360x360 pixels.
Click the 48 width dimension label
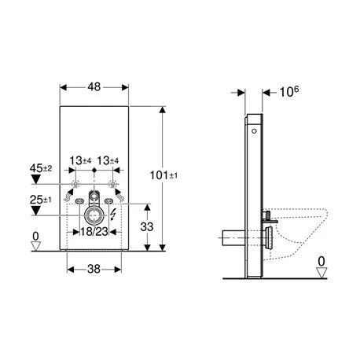(x=94, y=86)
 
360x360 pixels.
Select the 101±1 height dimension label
(x=163, y=175)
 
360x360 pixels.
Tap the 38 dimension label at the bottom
(x=94, y=269)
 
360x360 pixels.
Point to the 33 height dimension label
(x=147, y=227)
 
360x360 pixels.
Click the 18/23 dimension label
(x=94, y=231)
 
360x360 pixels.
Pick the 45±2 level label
(x=41, y=168)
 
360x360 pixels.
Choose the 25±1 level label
(x=41, y=200)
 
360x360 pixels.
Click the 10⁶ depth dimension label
(x=289, y=92)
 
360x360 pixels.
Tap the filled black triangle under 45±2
(x=35, y=179)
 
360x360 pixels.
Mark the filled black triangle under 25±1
(x=35, y=211)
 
